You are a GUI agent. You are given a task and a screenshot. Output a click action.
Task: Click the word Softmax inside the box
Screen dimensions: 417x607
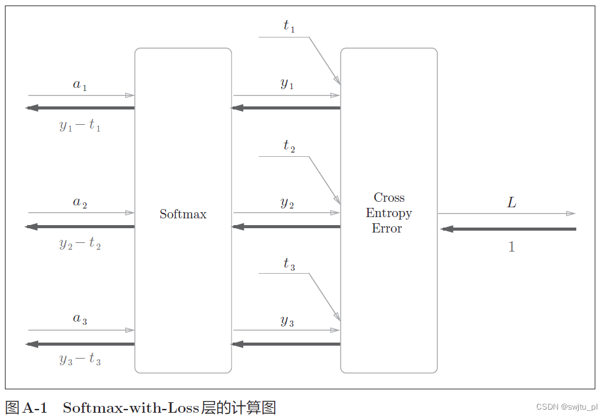click(183, 214)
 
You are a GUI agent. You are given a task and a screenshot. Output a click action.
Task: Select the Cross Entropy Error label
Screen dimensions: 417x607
click(389, 213)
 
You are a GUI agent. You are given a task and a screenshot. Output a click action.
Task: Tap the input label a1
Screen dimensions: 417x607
click(80, 85)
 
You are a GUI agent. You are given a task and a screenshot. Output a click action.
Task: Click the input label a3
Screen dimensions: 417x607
click(80, 319)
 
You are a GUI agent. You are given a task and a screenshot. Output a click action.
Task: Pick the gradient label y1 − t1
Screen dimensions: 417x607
click(80, 125)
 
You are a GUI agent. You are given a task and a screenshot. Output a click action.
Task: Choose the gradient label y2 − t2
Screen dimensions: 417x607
click(80, 244)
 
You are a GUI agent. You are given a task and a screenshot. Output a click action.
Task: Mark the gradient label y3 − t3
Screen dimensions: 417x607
click(80, 360)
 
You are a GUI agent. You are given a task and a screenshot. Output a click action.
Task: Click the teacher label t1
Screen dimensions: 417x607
click(289, 26)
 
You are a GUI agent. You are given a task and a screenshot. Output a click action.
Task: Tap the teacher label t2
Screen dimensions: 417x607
click(289, 146)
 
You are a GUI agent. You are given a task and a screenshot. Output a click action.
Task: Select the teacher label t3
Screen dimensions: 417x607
click(289, 264)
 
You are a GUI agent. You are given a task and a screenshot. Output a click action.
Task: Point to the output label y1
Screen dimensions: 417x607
click(287, 84)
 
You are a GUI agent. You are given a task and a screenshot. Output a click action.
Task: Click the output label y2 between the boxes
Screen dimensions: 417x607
click(287, 202)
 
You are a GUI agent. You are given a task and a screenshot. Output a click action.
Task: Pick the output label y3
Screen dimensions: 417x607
click(287, 320)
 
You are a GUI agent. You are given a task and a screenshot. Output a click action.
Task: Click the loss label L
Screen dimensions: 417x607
click(511, 202)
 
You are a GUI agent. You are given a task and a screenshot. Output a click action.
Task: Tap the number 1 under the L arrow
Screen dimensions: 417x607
click(511, 247)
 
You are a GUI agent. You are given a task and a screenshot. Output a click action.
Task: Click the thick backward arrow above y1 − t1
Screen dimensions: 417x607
click(80, 108)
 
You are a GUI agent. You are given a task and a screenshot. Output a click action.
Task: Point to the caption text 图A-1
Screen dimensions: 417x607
click(26, 407)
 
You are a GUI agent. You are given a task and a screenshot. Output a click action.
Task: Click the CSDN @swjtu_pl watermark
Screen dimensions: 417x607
click(566, 407)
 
